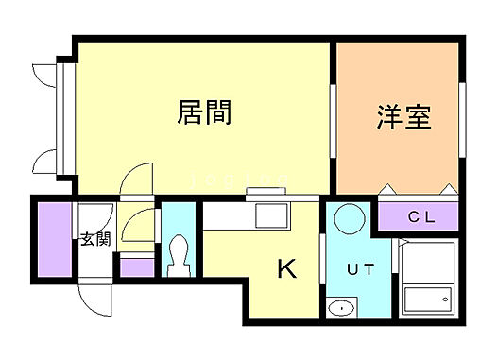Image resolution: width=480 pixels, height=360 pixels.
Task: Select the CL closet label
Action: tap(420, 216)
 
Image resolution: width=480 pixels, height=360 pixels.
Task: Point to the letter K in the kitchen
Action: tap(285, 270)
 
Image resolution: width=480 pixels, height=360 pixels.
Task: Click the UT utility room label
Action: tap(361, 269)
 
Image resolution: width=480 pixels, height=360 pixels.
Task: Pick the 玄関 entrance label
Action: tap(94, 239)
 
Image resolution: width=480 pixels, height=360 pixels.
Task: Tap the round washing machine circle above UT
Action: tap(349, 218)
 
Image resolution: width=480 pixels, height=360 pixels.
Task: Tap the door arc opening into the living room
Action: tap(138, 180)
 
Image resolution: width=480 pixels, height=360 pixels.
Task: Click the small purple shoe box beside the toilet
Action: tap(137, 267)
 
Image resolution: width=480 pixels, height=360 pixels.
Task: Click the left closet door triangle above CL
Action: tap(386, 189)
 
